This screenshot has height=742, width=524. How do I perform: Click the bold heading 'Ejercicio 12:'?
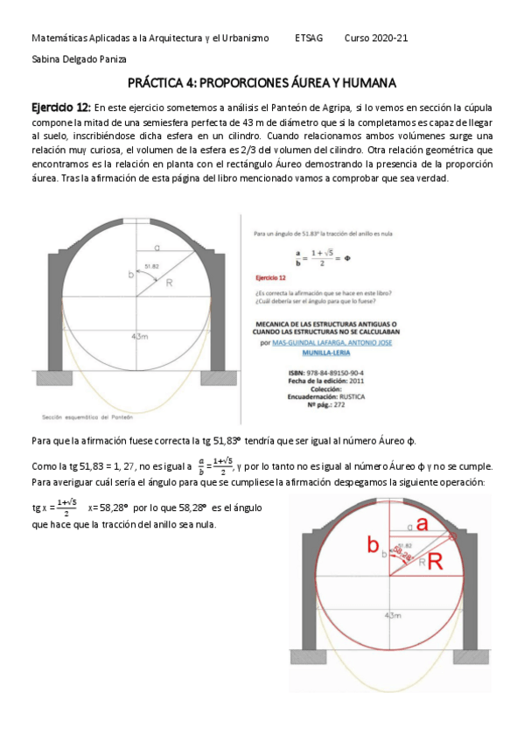(x=60, y=106)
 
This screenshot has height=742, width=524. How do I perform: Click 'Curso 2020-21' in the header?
(x=376, y=38)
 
